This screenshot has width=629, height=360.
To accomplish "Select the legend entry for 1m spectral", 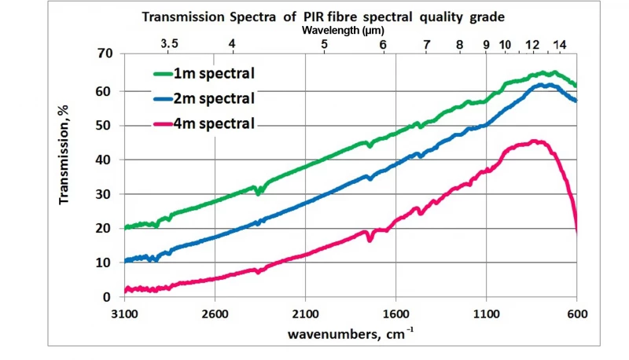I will (x=214, y=74).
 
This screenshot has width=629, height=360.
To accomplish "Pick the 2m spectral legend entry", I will (x=214, y=99).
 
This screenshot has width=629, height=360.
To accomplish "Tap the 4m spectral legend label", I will (x=214, y=123).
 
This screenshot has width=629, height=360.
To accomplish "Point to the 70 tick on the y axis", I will (x=105, y=54).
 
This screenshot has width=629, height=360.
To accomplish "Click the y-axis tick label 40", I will (x=105, y=160).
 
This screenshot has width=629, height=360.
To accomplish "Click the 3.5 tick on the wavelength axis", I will (x=169, y=45).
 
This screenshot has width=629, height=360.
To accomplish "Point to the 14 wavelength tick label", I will (x=559, y=45).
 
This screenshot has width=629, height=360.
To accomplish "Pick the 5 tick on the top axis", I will (x=325, y=45).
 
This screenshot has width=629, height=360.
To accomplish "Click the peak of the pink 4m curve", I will (x=535, y=141).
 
